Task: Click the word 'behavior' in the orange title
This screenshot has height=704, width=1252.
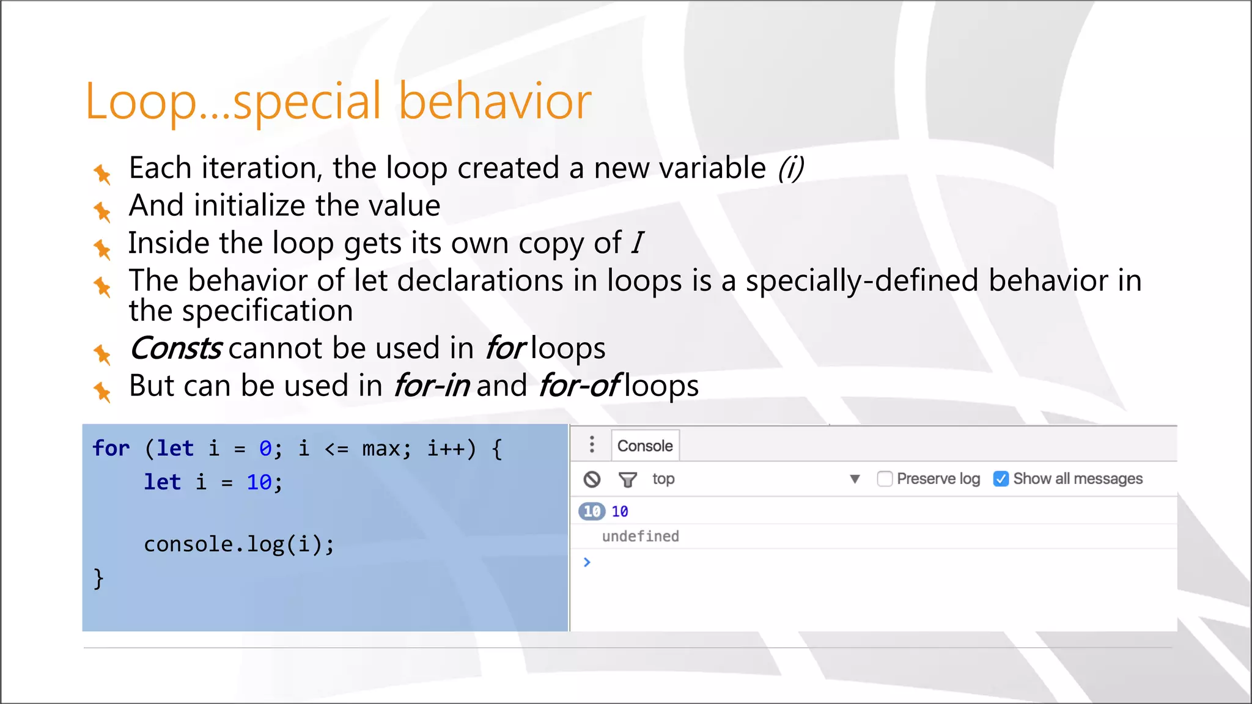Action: (x=495, y=101)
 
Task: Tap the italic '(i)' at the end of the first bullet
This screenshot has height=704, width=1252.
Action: (x=790, y=168)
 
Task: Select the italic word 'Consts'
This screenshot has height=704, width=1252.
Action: (x=175, y=348)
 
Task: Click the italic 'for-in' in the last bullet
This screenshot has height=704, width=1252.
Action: (x=432, y=386)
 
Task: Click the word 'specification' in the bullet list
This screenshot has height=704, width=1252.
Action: (x=267, y=311)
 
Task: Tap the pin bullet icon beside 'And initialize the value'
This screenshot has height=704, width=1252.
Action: (x=102, y=212)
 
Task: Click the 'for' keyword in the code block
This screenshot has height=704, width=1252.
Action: (x=111, y=449)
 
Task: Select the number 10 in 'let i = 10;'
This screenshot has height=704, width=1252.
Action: (x=259, y=483)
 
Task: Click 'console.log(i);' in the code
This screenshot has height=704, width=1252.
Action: (x=239, y=544)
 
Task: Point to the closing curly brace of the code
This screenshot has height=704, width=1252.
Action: (x=98, y=578)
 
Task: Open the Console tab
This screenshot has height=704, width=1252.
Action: (x=644, y=446)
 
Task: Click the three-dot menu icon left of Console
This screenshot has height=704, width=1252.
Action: (x=591, y=444)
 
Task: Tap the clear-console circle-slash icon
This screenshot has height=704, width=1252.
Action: (x=592, y=479)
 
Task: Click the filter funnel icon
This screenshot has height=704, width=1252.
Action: (x=627, y=479)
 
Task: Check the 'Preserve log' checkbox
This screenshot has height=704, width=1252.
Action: (x=885, y=479)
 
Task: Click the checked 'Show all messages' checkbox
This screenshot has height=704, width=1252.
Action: (x=1001, y=479)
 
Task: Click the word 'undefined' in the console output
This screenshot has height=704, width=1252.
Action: (x=640, y=537)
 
